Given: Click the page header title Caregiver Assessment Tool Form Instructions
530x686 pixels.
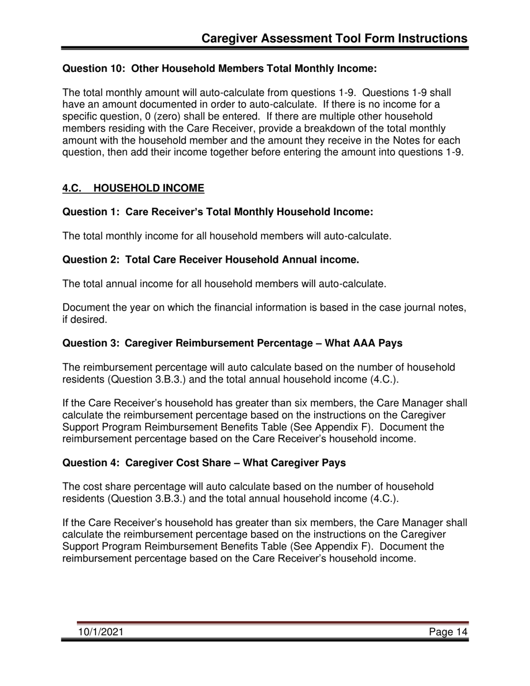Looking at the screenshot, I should [334, 38].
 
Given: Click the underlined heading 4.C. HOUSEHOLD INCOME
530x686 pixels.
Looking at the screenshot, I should [133, 189].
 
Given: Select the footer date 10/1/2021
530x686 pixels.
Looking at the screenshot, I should [100, 632].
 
